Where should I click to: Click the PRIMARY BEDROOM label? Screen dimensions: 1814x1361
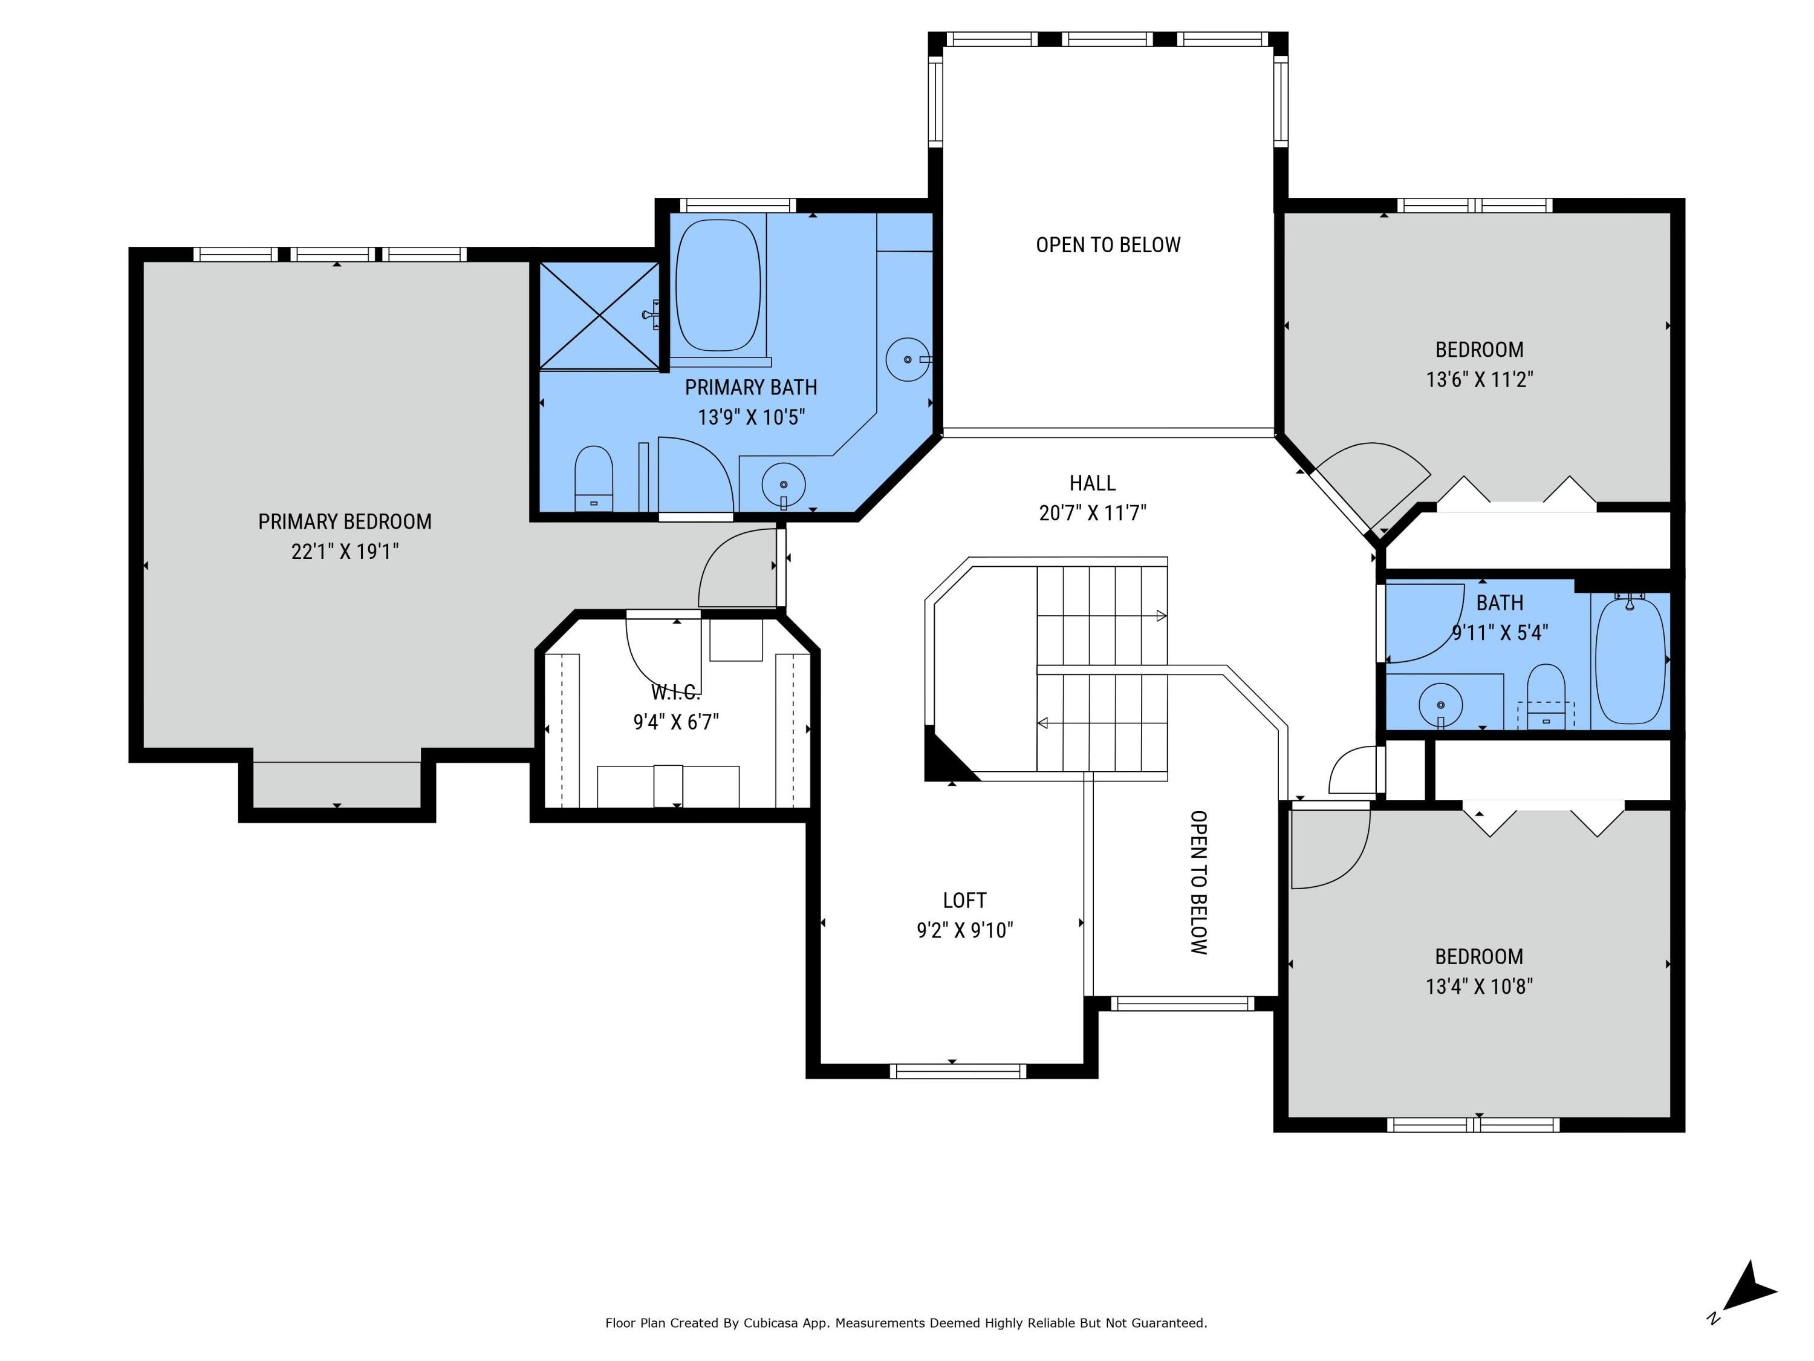[345, 522]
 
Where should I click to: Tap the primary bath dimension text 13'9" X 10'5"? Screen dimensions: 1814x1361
[751, 417]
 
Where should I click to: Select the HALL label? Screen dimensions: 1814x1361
[1093, 483]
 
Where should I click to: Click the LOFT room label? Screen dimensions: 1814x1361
[964, 901]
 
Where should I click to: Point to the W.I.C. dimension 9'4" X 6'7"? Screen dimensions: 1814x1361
[676, 722]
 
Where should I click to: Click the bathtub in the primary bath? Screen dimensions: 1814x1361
[718, 285]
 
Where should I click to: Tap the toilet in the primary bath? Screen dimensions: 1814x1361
[594, 478]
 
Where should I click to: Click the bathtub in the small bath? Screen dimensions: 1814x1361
[1630, 661]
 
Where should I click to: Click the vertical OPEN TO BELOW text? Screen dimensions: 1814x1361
[1198, 883]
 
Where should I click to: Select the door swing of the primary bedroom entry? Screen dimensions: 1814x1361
[736, 569]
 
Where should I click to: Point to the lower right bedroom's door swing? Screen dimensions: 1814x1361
[1331, 849]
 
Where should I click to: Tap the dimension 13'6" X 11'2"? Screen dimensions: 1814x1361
[1480, 379]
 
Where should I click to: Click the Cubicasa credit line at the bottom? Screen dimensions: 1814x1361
[906, 1322]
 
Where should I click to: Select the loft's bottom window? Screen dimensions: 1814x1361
[958, 1071]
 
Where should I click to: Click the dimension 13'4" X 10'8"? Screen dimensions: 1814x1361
[1480, 985]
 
